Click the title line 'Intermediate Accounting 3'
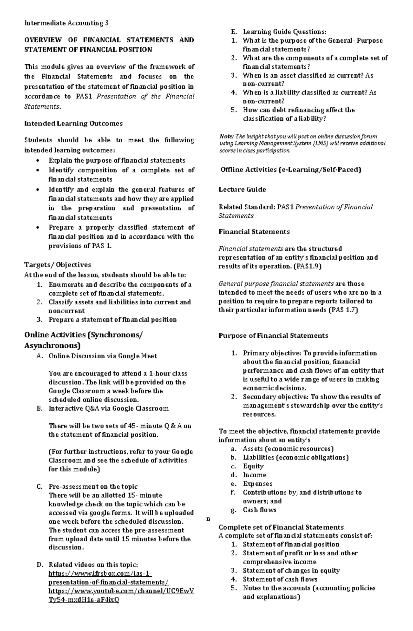click(66, 23)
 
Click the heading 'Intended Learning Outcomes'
click(73, 123)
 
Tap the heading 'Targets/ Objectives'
click(57, 265)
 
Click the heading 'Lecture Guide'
click(242, 189)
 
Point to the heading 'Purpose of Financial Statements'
click(273, 336)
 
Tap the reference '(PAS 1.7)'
click(343, 310)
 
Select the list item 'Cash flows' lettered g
click(260, 510)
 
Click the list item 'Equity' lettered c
click(253, 466)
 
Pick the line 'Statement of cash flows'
click(280, 579)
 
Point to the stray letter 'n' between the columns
click(208, 519)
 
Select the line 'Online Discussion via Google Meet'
click(103, 356)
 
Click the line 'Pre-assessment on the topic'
click(93, 487)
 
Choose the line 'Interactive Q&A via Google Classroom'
click(108, 409)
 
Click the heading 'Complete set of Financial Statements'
click(281, 527)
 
